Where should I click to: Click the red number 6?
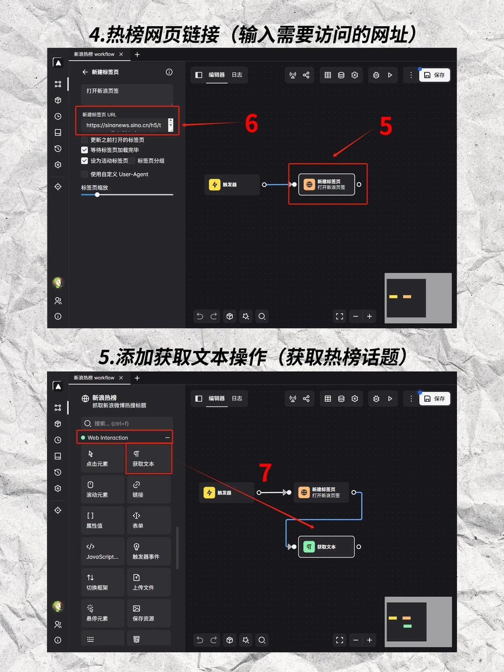coord(252,124)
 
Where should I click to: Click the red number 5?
coord(385,126)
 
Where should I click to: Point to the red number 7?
coord(265,473)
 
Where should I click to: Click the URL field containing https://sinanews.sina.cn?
coord(124,125)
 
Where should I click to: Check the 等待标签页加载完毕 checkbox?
coord(84,150)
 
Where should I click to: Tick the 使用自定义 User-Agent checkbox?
coord(84,175)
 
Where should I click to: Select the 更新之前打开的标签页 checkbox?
coord(84,140)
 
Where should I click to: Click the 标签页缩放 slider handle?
coord(97,195)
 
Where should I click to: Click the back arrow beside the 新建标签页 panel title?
coord(85,72)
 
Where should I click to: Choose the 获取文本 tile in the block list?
coord(148,459)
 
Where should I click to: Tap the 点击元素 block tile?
coord(103,459)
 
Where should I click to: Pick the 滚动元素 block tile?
coord(103,490)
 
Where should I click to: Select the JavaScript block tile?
coord(103,551)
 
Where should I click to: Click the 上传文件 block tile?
coord(148,582)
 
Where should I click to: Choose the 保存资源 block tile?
coord(148,613)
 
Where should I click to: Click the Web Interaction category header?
coord(125,438)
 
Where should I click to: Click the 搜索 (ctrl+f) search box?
coord(127,424)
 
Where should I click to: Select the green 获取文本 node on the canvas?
coord(326,547)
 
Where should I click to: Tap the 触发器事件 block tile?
coord(148,551)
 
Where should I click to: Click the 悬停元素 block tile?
coord(103,613)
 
